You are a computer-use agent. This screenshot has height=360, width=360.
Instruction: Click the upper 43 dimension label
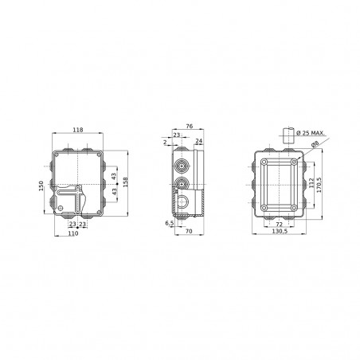pyautogui.click(x=114, y=175)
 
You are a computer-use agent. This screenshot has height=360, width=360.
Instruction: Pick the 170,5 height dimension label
pyautogui.click(x=321, y=185)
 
